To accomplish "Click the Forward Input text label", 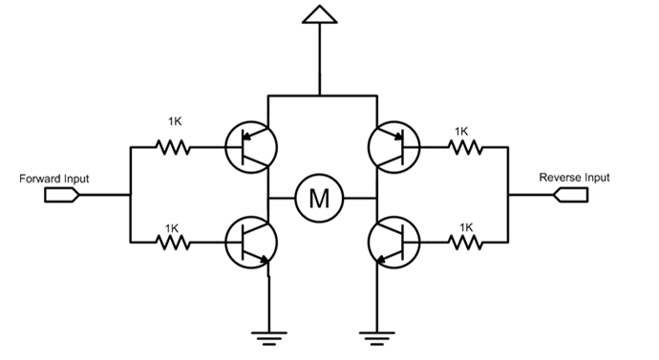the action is [x=54, y=179].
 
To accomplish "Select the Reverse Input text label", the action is [x=574, y=178].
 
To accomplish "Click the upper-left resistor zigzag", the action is [x=173, y=147].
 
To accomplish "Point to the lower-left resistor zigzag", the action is [x=173, y=243].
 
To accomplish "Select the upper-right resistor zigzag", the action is [x=465, y=147].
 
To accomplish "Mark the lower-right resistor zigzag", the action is [x=465, y=243].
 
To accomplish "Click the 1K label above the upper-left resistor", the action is [x=175, y=122].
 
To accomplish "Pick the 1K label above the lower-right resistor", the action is [x=466, y=227].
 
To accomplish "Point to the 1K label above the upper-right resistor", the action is [x=461, y=132].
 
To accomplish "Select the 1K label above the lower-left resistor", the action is [x=172, y=228].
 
